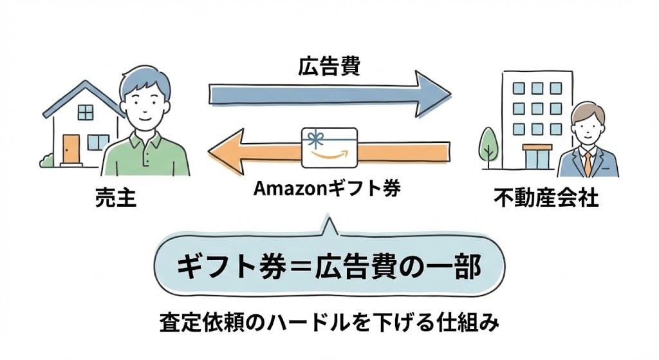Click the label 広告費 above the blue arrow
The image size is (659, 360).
pos(328,67)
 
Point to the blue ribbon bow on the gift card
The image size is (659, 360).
pos(315,138)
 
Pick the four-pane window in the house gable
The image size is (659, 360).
pos(85,112)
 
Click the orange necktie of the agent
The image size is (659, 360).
pos(588,163)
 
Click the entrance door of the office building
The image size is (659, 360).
pos(537,157)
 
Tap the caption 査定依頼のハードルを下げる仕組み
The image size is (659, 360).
pos(329,323)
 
